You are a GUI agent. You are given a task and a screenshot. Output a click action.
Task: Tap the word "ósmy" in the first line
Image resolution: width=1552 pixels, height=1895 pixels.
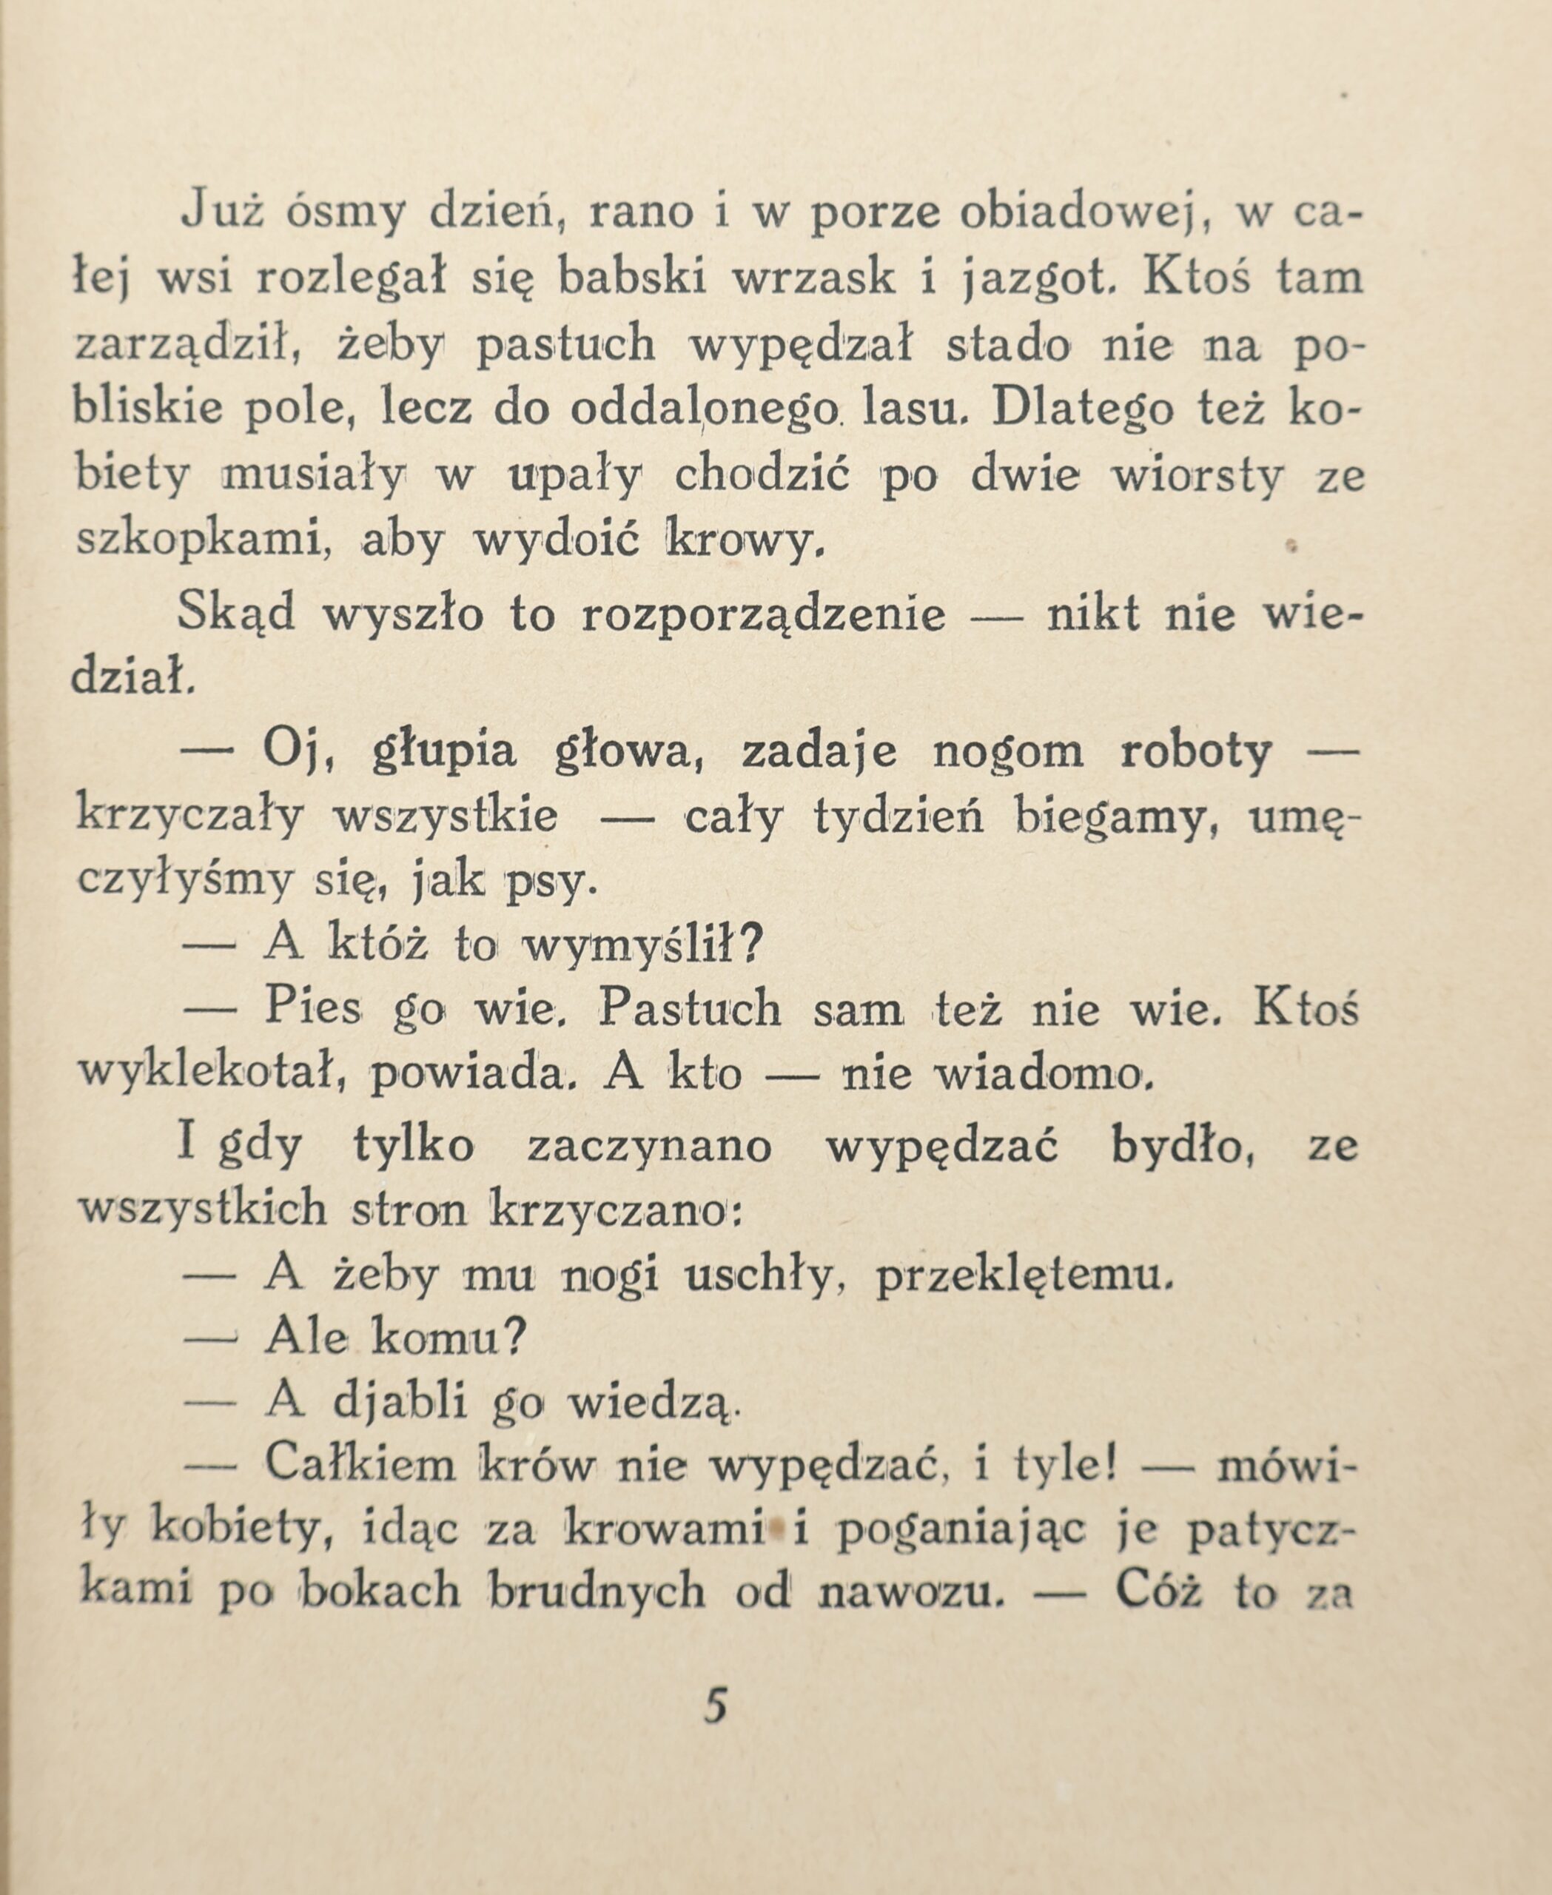(346, 214)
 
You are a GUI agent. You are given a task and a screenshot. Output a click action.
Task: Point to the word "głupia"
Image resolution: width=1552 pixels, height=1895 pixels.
(443, 751)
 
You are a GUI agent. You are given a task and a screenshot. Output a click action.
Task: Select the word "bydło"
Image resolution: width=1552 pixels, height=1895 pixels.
(1179, 1147)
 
